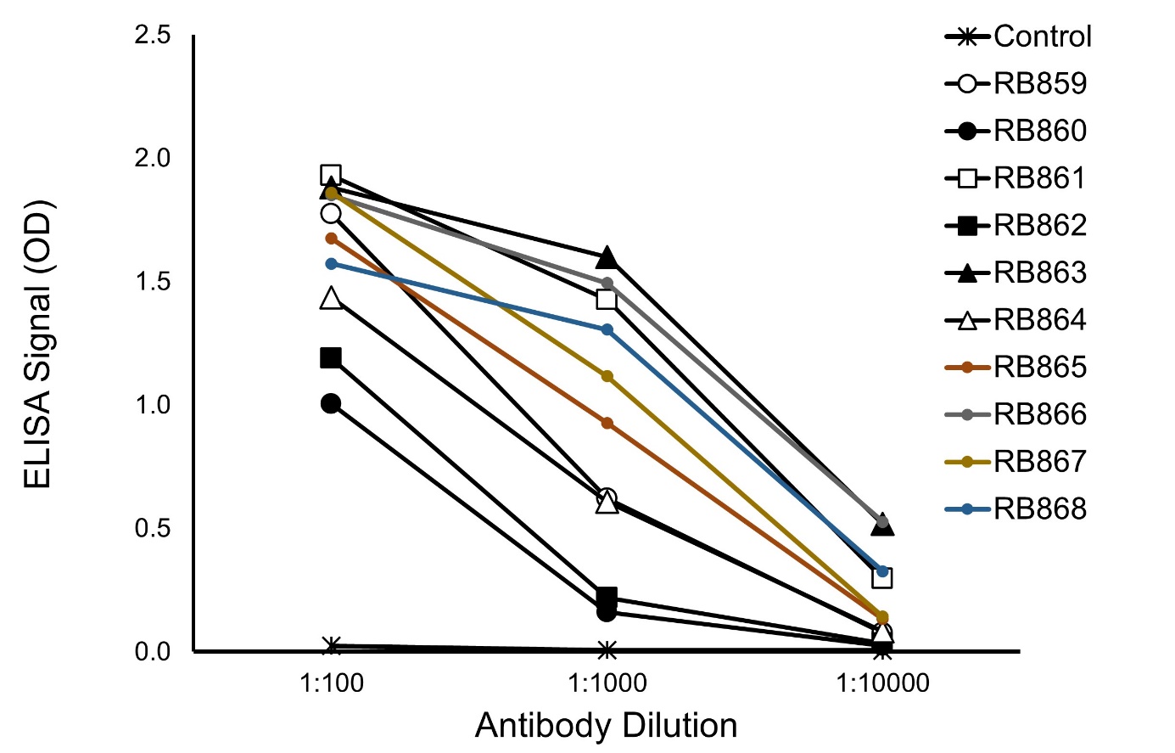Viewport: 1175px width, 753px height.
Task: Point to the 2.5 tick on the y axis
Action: (154, 36)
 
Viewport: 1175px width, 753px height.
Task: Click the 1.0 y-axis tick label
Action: (154, 405)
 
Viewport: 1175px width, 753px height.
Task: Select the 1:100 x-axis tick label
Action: (332, 683)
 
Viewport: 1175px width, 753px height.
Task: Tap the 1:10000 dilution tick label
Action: (882, 683)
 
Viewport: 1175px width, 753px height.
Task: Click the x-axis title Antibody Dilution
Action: (606, 726)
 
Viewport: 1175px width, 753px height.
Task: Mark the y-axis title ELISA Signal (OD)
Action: (37, 345)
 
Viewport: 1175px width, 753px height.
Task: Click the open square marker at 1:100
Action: (331, 176)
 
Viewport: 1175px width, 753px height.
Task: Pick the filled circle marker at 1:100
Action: (331, 403)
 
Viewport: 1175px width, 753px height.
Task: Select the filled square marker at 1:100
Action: (331, 357)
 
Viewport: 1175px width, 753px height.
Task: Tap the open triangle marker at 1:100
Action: (331, 298)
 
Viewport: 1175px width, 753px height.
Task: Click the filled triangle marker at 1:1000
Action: (607, 257)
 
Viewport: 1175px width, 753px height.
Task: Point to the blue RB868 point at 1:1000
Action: (607, 329)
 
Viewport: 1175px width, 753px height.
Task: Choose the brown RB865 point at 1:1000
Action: (607, 423)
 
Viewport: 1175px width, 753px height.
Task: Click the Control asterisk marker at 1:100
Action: (332, 646)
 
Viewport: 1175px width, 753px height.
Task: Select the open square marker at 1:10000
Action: (882, 578)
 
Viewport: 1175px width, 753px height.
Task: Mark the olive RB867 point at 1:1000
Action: (607, 376)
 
